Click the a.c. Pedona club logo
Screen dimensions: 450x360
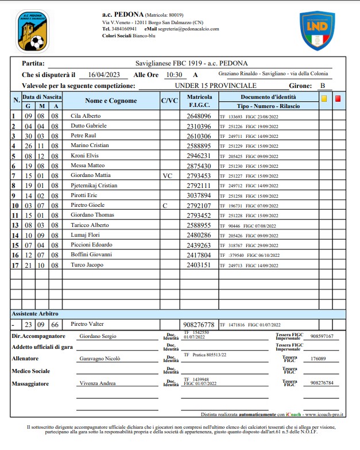(x=32, y=31)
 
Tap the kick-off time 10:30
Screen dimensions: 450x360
(x=173, y=75)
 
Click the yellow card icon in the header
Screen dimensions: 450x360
(x=324, y=98)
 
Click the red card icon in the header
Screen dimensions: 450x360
(x=338, y=98)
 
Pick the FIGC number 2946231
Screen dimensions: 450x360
(x=199, y=156)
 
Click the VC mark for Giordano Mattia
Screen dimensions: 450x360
(x=167, y=175)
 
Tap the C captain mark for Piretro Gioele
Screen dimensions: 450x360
(x=165, y=205)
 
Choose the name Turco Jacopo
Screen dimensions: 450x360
(x=87, y=265)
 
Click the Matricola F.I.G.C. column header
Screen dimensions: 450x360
(x=199, y=101)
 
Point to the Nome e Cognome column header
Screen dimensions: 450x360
(x=111, y=101)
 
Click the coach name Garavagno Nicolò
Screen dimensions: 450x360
(x=99, y=359)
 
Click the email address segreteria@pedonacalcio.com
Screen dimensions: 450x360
(x=189, y=29)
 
